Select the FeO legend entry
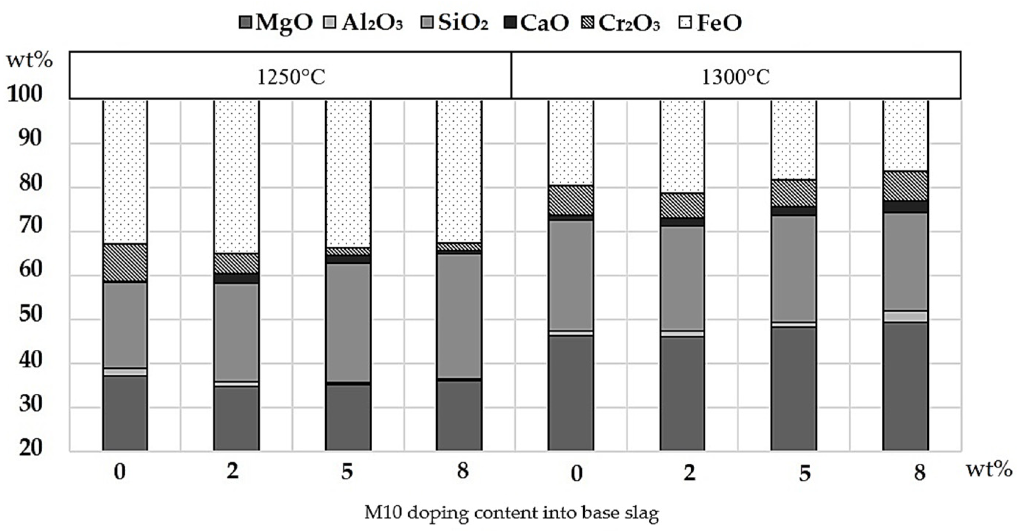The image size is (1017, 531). tap(710, 22)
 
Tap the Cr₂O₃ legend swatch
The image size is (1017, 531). tap(588, 22)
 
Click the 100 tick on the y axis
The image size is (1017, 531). tap(25, 95)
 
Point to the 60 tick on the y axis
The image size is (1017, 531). tap(30, 270)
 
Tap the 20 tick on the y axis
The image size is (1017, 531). tap(30, 448)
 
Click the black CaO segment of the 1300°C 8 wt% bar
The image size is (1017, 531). tap(905, 207)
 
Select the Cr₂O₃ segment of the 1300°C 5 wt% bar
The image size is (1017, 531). tap(794, 193)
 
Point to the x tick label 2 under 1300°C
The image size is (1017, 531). tap(689, 472)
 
